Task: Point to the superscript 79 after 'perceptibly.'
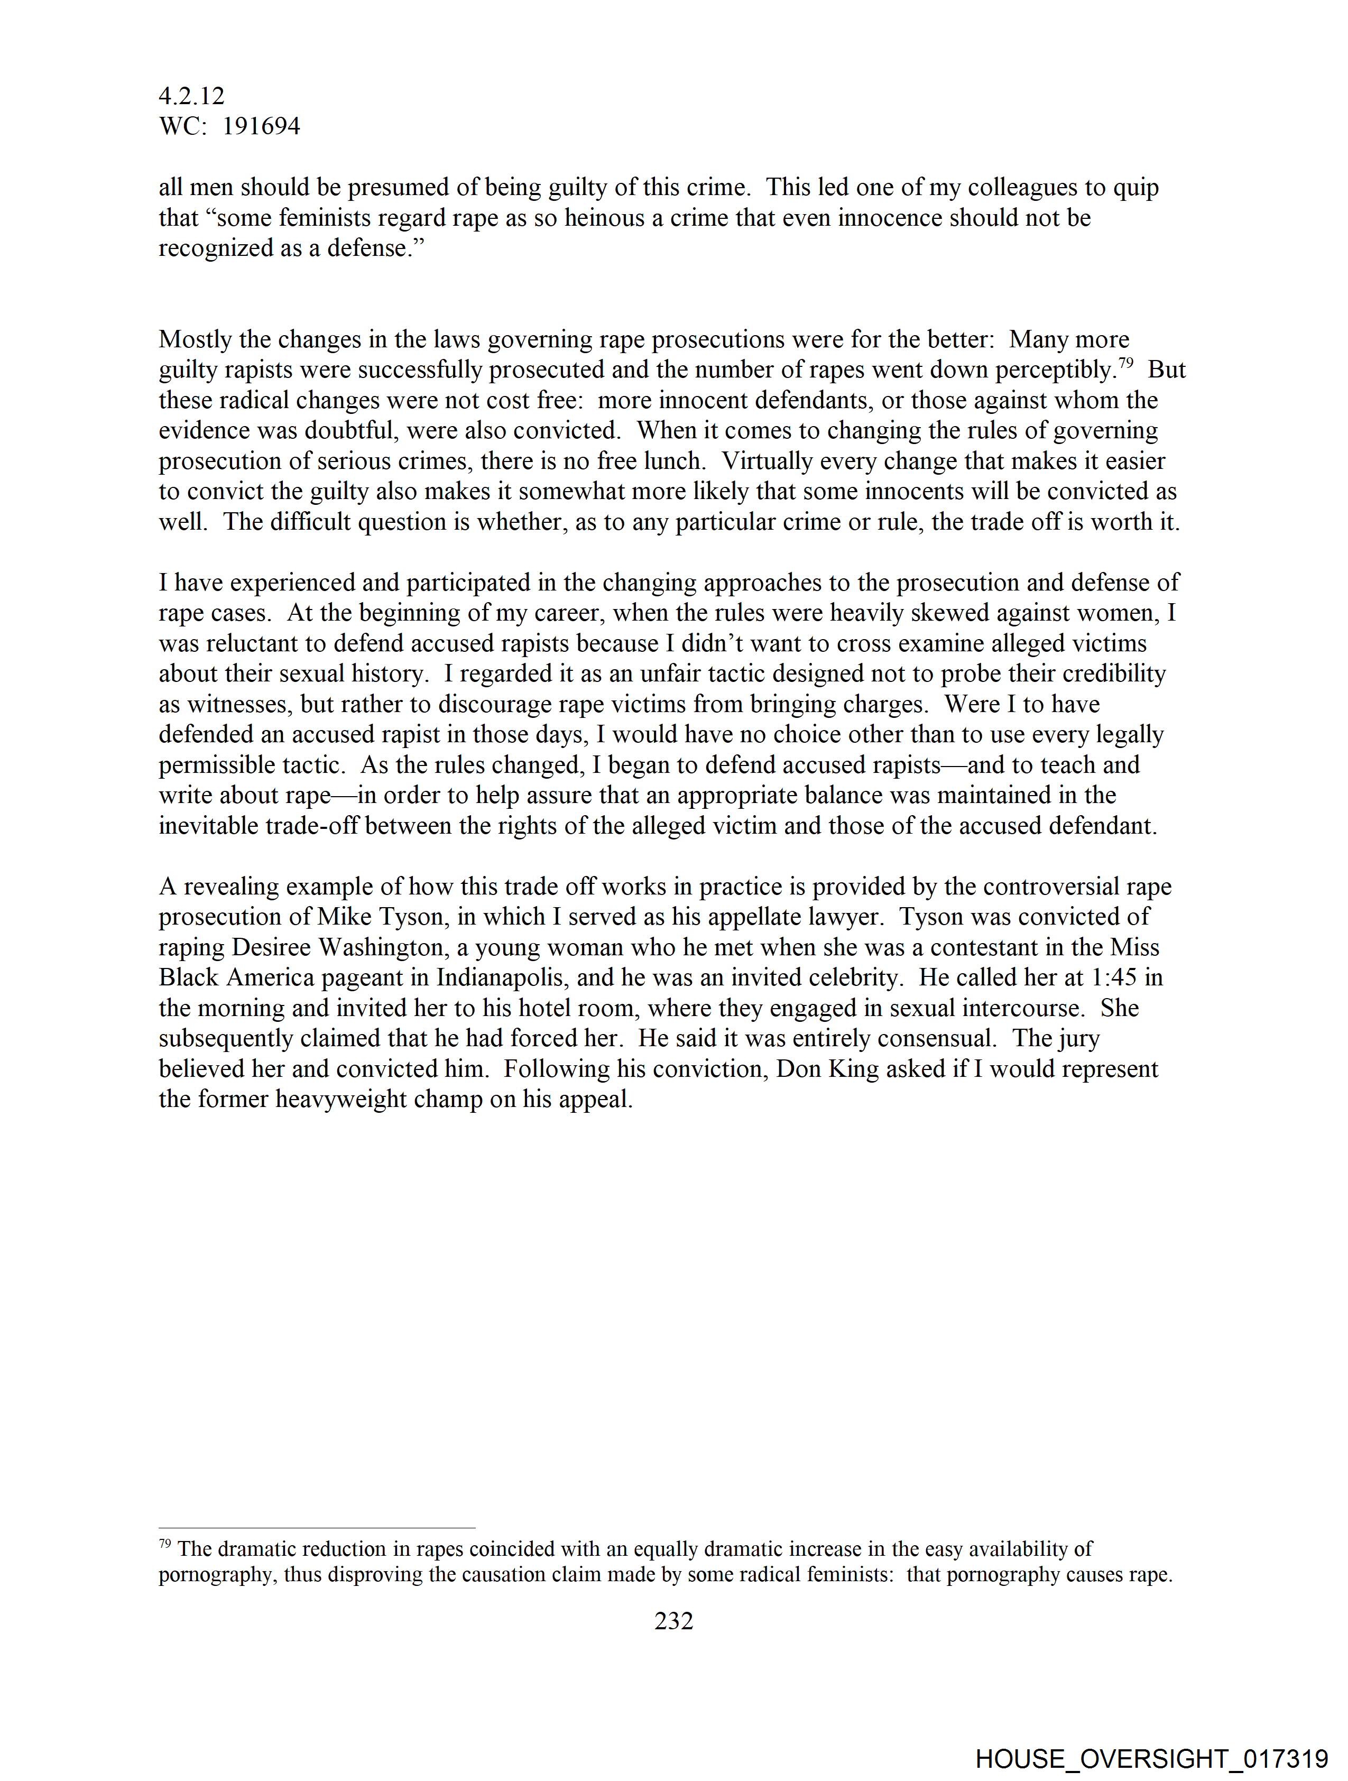[x=1126, y=363]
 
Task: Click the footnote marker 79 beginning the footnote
[x=164, y=1544]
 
